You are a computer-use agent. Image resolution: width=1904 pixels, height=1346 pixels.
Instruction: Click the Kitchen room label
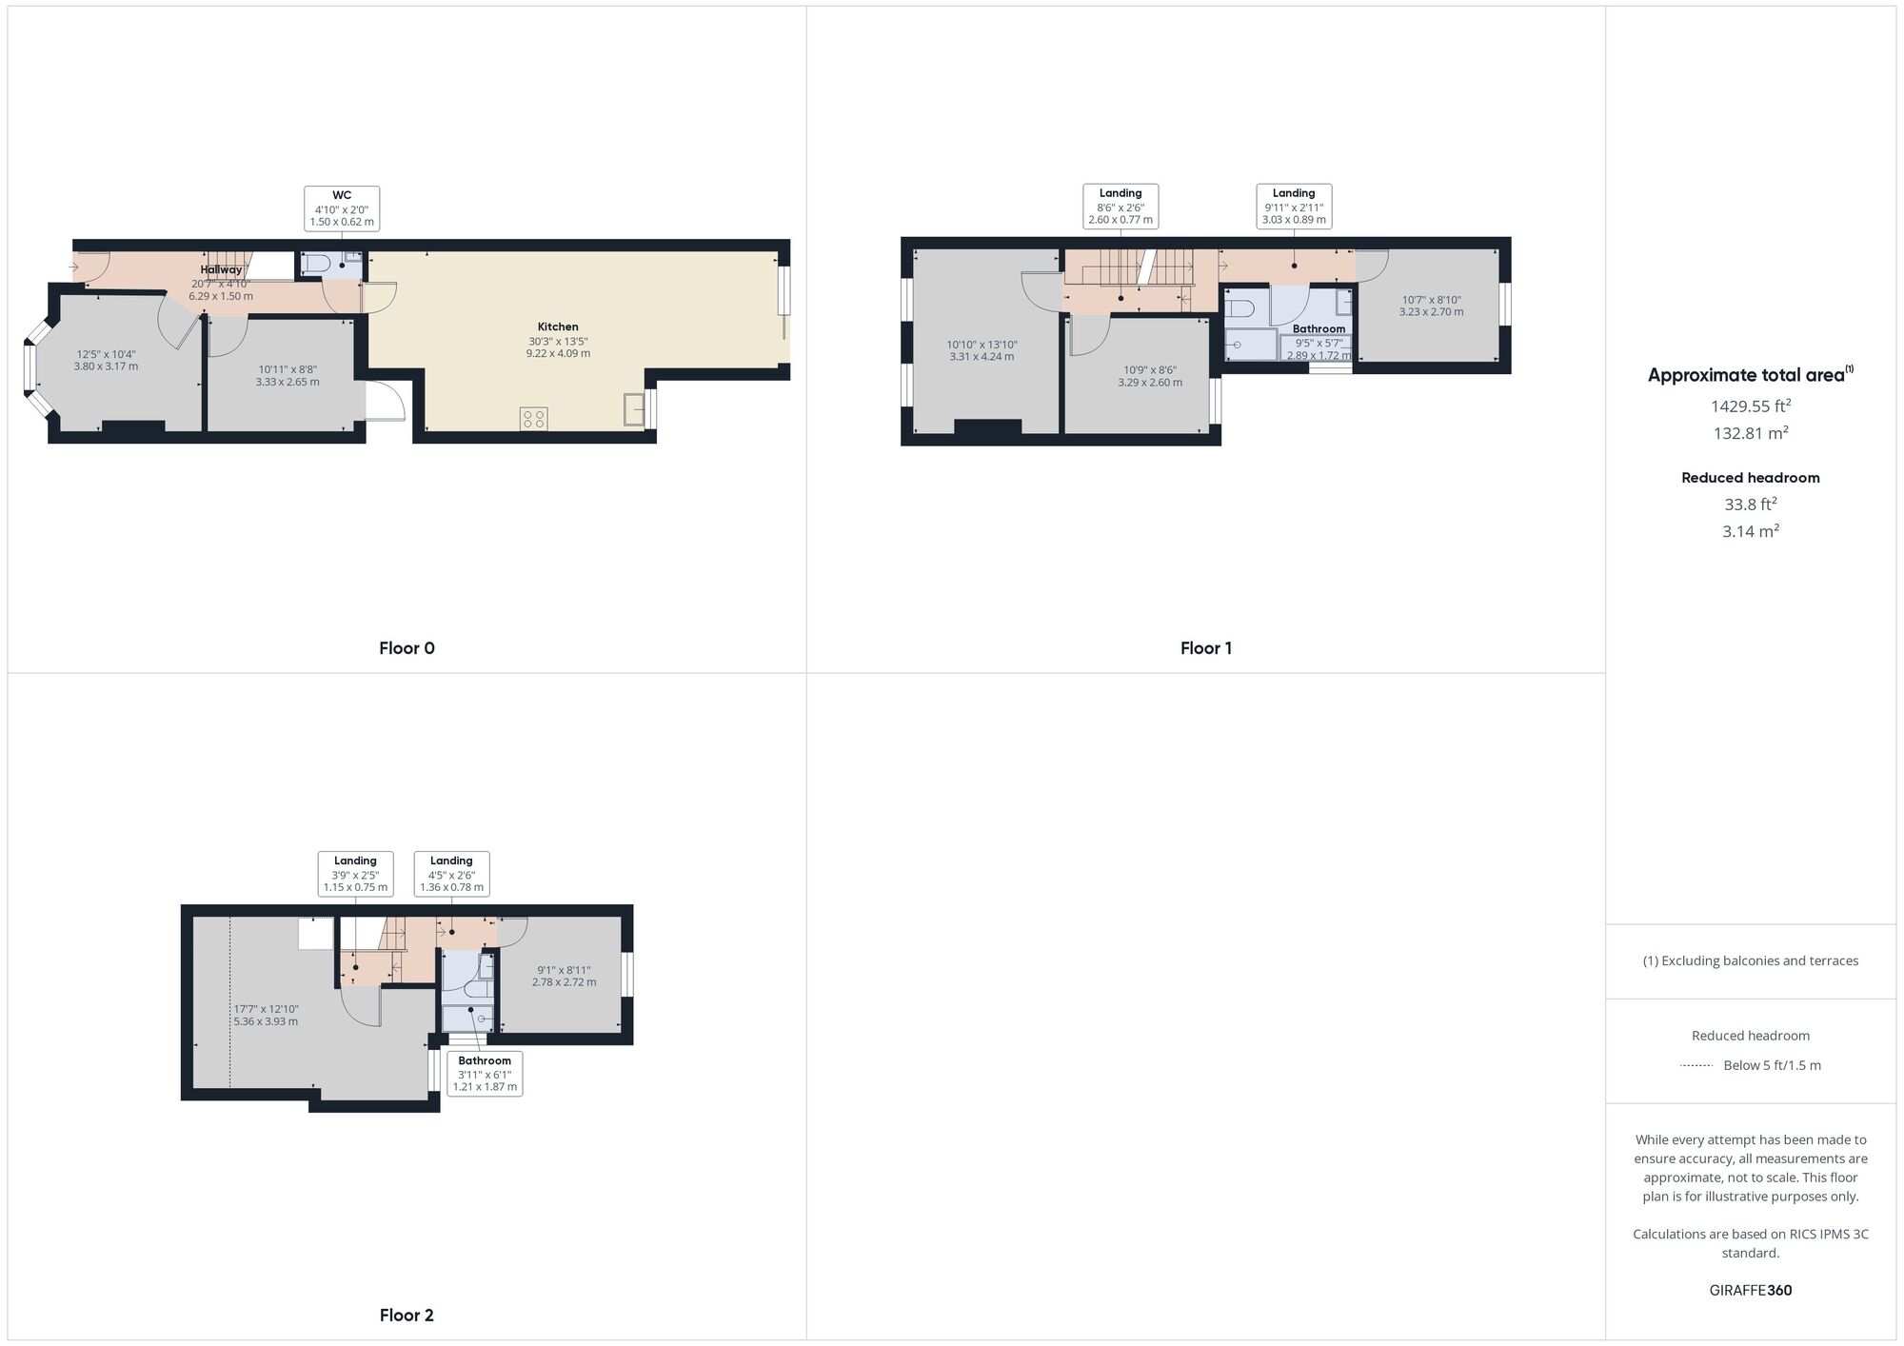[x=558, y=327]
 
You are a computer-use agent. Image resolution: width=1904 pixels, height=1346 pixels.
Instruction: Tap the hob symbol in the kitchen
[x=533, y=419]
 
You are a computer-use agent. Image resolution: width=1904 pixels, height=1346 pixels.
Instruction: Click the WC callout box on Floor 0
[x=342, y=208]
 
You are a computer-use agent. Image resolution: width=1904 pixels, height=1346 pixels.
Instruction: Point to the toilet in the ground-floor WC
[x=318, y=264]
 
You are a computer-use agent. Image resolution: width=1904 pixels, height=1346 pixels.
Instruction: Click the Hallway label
[x=221, y=270]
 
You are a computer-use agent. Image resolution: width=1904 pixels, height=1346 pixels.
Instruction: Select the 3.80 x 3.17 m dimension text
[x=106, y=366]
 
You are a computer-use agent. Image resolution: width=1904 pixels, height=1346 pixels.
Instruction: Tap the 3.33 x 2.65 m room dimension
[x=288, y=382]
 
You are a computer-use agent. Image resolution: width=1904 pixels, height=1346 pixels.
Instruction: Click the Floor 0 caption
[x=407, y=648]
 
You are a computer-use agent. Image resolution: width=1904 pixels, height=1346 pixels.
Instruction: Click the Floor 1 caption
[x=1206, y=648]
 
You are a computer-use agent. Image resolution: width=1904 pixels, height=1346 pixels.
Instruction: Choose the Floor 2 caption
[x=407, y=1316]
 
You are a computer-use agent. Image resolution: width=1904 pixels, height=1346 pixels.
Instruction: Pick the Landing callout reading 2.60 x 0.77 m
[x=1121, y=207]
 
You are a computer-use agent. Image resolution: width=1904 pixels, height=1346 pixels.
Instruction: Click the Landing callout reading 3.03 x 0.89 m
[x=1294, y=207]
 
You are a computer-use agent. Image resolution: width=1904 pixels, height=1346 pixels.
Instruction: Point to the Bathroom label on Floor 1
[x=1319, y=329]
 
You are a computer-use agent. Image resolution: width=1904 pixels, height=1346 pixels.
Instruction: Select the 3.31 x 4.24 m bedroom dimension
[x=982, y=357]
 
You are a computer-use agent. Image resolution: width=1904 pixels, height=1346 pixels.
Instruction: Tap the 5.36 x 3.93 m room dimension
[x=266, y=1021]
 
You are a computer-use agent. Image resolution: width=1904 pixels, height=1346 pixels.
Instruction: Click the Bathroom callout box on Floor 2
[x=485, y=1074]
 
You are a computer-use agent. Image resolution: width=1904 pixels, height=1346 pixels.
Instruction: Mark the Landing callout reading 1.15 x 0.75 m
[x=355, y=874]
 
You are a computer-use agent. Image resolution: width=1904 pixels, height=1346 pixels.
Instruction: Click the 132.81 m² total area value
[x=1750, y=434]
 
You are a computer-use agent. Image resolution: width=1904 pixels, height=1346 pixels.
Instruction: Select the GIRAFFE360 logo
[x=1750, y=1291]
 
